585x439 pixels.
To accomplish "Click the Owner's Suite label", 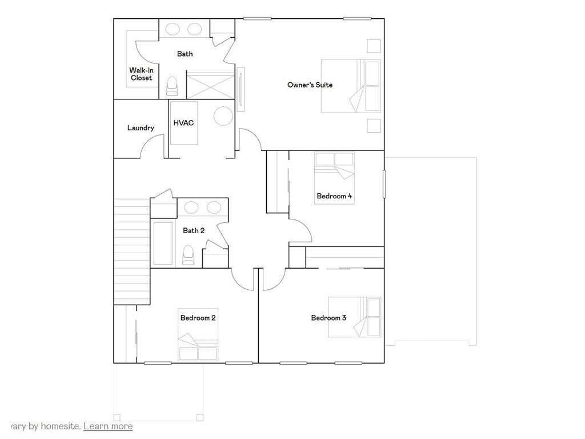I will click(x=310, y=85).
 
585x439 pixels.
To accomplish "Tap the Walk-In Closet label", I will click(x=141, y=74).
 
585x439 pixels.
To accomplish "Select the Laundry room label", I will click(x=141, y=128).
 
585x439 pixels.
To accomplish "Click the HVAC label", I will click(x=183, y=123).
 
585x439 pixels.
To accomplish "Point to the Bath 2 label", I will click(x=194, y=231).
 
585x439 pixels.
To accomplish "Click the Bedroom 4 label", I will click(x=334, y=196).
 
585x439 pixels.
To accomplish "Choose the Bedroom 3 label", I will click(x=328, y=318).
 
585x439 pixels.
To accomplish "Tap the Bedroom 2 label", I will click(x=198, y=318).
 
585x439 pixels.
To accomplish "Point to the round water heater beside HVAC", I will click(x=223, y=116).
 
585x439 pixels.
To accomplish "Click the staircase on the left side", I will click(x=131, y=252).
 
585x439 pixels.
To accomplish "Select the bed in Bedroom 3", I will click(x=354, y=318).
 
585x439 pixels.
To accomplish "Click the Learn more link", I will click(x=108, y=426).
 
